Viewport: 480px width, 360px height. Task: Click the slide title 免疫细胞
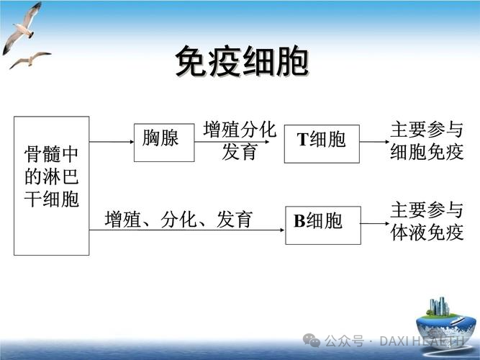(x=242, y=62)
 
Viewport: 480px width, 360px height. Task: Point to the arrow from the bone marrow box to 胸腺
(x=112, y=142)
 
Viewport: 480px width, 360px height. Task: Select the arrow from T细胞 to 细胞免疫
(x=374, y=142)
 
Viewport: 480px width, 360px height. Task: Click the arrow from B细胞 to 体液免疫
(x=375, y=224)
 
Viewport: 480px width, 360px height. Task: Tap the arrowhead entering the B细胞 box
(x=282, y=230)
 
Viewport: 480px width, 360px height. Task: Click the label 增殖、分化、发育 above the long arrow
(x=178, y=220)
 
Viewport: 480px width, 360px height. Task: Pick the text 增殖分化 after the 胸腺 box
(x=240, y=130)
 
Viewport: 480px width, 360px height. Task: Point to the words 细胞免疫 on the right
(x=427, y=152)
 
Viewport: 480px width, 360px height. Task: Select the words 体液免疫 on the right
(x=427, y=233)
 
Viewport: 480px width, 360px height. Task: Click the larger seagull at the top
(x=22, y=28)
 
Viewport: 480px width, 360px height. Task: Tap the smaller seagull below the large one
(x=30, y=60)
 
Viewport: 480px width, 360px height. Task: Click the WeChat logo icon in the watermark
(x=312, y=341)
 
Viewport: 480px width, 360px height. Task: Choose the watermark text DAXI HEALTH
(x=422, y=341)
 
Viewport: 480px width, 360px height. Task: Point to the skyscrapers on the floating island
(x=439, y=306)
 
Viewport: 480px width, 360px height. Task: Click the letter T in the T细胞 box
(x=303, y=140)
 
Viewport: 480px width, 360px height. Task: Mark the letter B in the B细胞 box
(x=299, y=220)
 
